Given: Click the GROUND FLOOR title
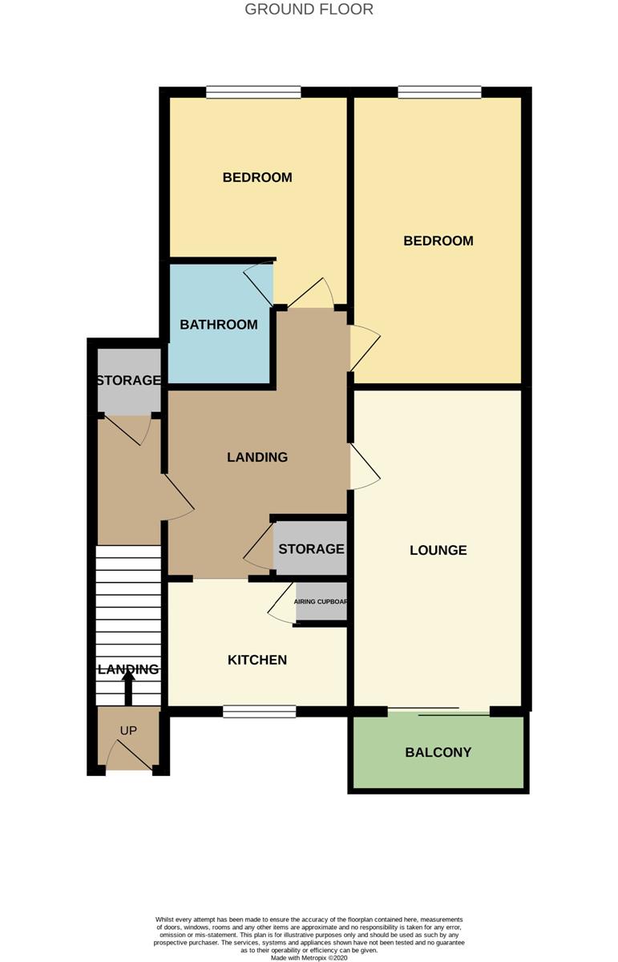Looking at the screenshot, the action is point(309,9).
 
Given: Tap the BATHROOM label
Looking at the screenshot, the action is point(219,324).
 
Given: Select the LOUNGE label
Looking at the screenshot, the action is point(438,550).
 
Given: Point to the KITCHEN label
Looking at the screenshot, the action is point(257,660).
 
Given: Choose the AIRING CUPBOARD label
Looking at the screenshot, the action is point(321,602).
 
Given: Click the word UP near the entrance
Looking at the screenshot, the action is point(128,730).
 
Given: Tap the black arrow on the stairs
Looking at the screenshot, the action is point(128,688).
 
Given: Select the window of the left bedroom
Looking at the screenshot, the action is point(253,92).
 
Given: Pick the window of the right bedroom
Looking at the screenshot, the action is point(439,92).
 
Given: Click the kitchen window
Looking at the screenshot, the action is point(260,712).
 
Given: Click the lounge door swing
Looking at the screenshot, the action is point(365,467).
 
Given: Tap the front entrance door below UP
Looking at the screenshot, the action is point(129,754).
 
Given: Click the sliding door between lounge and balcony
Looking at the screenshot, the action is point(439,711).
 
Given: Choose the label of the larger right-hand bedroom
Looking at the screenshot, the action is point(438,240).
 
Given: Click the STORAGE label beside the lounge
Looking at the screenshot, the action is point(311,549).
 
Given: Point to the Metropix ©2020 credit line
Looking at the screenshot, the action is point(309,957).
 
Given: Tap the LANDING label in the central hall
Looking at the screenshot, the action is point(257,457).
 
